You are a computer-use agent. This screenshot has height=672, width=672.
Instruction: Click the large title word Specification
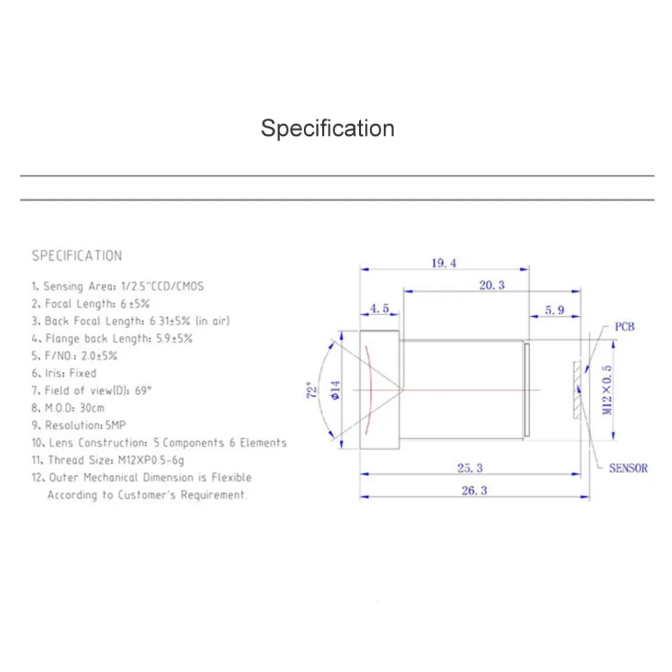(327, 128)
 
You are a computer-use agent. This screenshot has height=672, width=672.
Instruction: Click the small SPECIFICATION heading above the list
(77, 256)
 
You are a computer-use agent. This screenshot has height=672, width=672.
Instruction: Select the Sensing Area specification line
(118, 286)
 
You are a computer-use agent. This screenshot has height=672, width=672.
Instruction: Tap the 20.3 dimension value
(491, 286)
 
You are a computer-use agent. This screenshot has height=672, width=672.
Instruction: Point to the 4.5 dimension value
(380, 308)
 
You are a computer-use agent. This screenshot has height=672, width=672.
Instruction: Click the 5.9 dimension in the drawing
(554, 310)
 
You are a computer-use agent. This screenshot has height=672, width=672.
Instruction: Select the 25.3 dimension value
(470, 468)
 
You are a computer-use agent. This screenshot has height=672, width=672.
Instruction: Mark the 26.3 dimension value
(474, 491)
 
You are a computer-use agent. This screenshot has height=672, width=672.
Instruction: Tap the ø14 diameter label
(335, 390)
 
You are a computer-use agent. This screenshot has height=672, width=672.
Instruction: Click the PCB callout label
(624, 327)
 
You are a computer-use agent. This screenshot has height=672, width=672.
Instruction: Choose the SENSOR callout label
(628, 468)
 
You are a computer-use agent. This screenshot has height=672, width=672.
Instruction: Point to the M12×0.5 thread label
(607, 390)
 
